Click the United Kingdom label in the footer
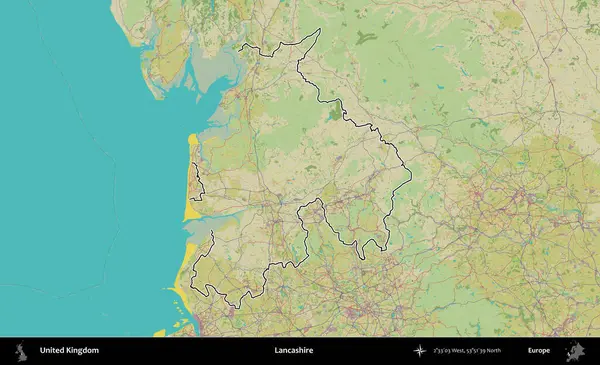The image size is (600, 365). tap(69, 351)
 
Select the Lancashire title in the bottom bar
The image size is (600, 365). tap(294, 351)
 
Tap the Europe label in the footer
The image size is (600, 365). tap(539, 351)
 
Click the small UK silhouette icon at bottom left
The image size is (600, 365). tap(20, 351)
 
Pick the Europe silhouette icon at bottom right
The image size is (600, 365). tap(574, 351)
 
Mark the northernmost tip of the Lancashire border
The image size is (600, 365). tap(319, 29)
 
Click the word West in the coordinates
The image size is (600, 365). tap(461, 351)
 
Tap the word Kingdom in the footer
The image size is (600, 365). tap(83, 351)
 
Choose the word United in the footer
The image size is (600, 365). tap(53, 351)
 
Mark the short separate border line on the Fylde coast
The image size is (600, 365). tap(198, 180)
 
